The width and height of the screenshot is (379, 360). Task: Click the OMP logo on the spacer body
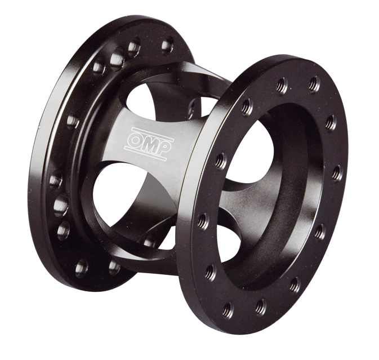click(149, 143)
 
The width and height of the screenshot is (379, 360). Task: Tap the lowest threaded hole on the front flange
click(228, 310)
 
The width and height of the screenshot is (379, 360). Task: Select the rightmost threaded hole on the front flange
click(337, 173)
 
